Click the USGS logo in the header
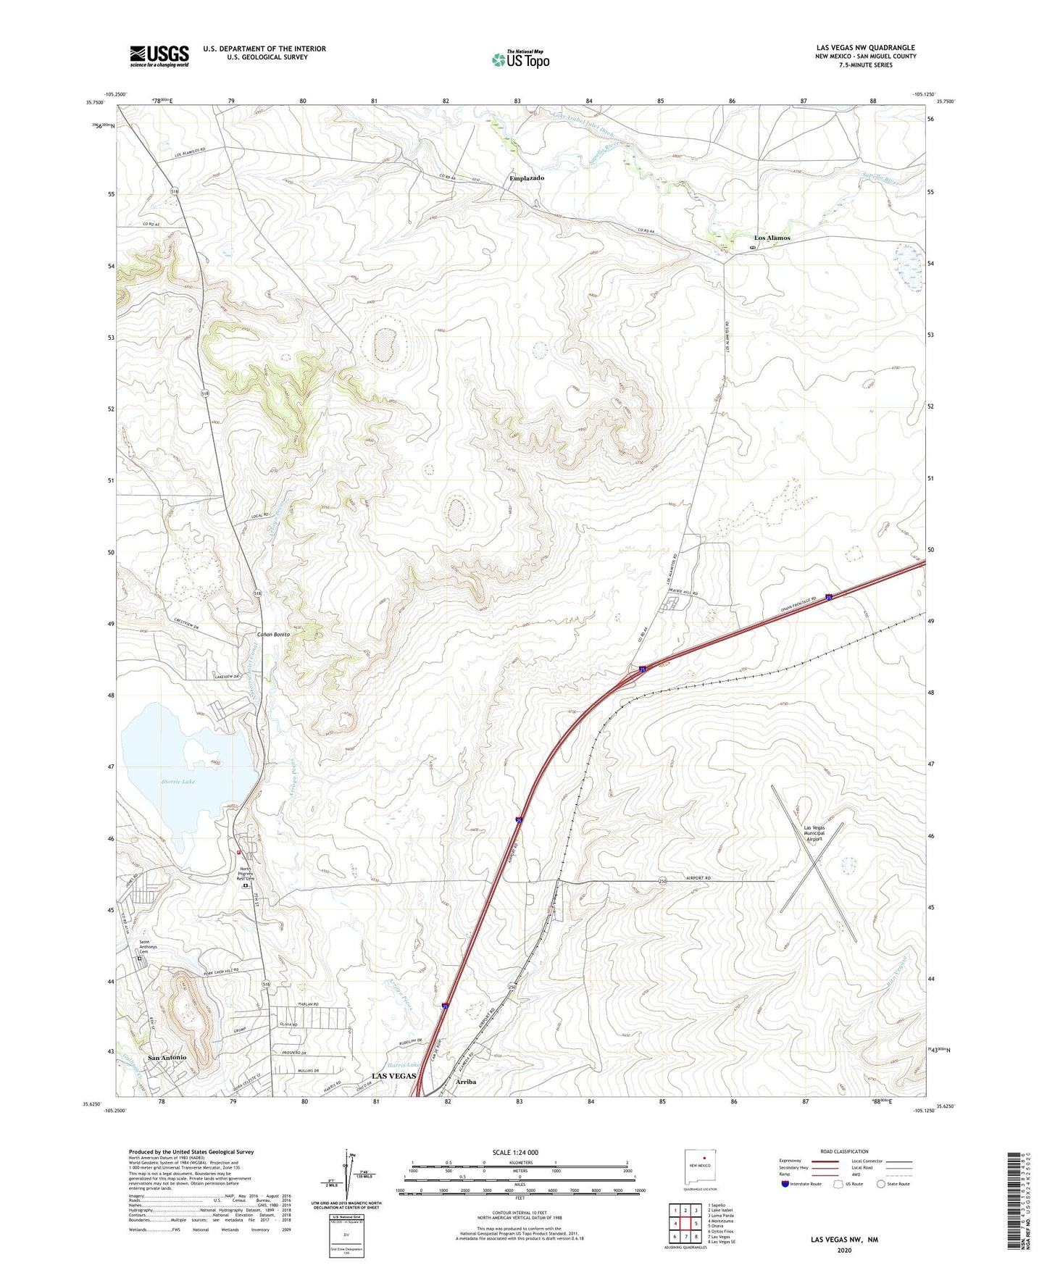(x=159, y=56)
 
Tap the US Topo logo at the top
(x=520, y=59)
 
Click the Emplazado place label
(x=527, y=178)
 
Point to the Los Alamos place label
(x=772, y=238)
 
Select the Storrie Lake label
(x=178, y=782)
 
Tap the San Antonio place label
(x=167, y=1058)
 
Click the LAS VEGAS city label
(x=393, y=1076)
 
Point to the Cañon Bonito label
(x=273, y=635)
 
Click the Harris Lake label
(x=404, y=1064)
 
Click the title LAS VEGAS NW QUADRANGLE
(x=865, y=48)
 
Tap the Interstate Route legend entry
(x=804, y=1184)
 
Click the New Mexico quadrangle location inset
(x=701, y=1166)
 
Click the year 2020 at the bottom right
(x=844, y=1250)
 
